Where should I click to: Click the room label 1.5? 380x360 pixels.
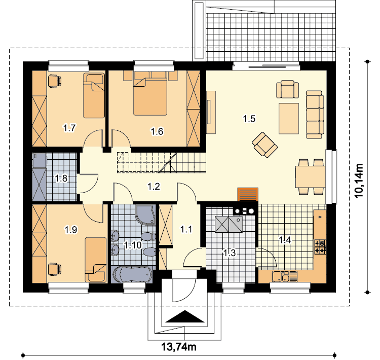pyautogui.click(x=249, y=119)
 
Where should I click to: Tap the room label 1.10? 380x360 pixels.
pyautogui.click(x=133, y=245)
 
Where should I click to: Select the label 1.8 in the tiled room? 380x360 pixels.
pyautogui.click(x=61, y=178)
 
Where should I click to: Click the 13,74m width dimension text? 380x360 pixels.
pyautogui.click(x=179, y=347)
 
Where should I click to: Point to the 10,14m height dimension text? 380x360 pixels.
pyautogui.click(x=359, y=181)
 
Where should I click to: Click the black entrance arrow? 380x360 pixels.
pyautogui.click(x=184, y=316)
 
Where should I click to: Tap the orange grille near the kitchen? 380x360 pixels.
pyautogui.click(x=248, y=194)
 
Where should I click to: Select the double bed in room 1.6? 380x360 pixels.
pyautogui.click(x=150, y=93)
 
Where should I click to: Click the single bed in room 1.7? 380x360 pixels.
pyautogui.click(x=94, y=96)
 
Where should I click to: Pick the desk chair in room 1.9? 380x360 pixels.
pyautogui.click(x=55, y=270)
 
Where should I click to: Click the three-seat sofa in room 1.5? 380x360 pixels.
pyautogui.click(x=315, y=115)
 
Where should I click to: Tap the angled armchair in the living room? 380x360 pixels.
pyautogui.click(x=264, y=145)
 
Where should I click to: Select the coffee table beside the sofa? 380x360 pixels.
pyautogui.click(x=289, y=118)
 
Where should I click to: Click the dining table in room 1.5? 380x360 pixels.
pyautogui.click(x=310, y=176)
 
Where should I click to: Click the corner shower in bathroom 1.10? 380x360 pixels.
pyautogui.click(x=145, y=215)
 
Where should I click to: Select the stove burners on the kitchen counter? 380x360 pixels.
pyautogui.click(x=320, y=247)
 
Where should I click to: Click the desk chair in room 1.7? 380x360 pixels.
pyautogui.click(x=55, y=81)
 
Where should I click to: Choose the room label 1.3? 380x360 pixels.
pyautogui.click(x=229, y=253)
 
